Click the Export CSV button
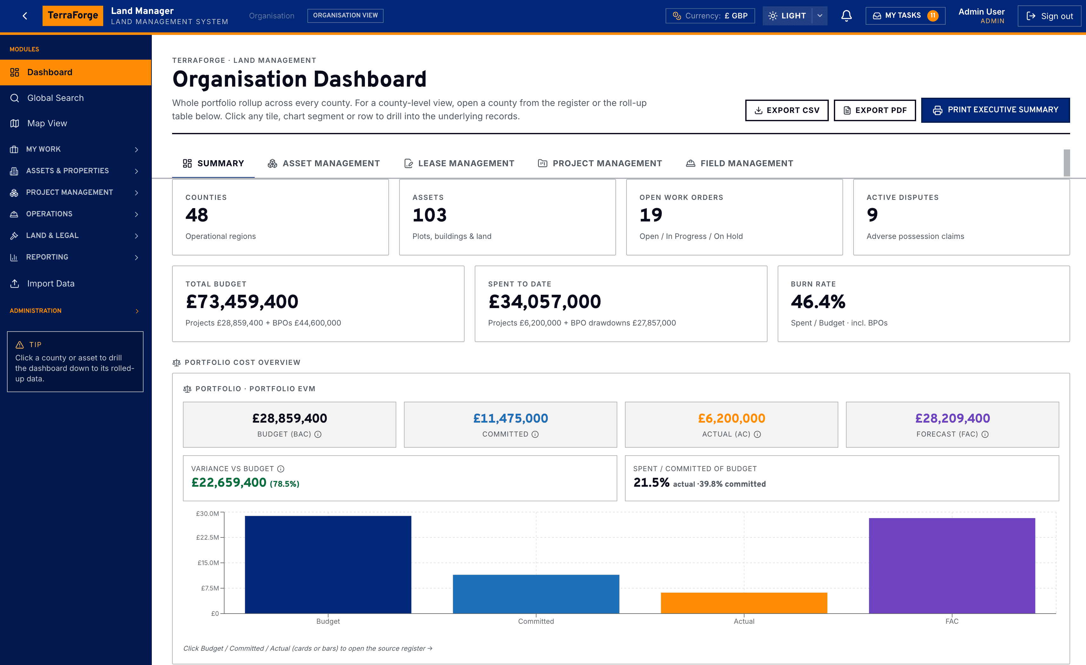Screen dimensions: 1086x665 click(x=787, y=110)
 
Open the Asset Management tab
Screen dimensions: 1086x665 click(x=324, y=163)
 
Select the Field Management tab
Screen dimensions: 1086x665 click(x=740, y=163)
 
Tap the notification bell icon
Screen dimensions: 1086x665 click(x=846, y=16)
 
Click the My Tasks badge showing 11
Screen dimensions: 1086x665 click(x=933, y=16)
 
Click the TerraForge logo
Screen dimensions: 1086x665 click(x=73, y=16)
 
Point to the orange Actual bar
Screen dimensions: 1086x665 click(x=744, y=603)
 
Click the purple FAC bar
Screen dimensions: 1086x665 click(x=952, y=565)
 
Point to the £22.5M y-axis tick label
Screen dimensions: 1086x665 click(x=208, y=537)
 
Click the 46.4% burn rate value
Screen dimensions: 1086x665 click(x=818, y=302)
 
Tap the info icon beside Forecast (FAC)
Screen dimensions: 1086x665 click(x=985, y=434)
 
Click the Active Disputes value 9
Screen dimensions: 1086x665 click(x=872, y=215)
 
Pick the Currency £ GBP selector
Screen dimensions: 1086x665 click(x=710, y=16)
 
